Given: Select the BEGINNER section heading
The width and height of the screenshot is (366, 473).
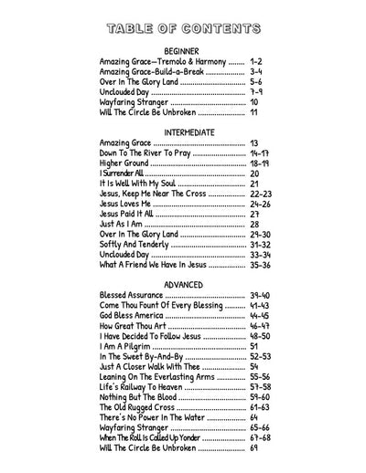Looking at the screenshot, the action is pos(183,49).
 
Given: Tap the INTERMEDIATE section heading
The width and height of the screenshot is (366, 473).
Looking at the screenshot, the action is pos(183,131).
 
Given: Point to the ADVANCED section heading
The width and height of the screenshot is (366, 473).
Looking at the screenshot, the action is pos(183,285).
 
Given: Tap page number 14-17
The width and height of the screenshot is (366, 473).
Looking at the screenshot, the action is pos(260,152).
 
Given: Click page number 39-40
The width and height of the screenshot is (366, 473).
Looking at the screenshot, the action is pos(260,296).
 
